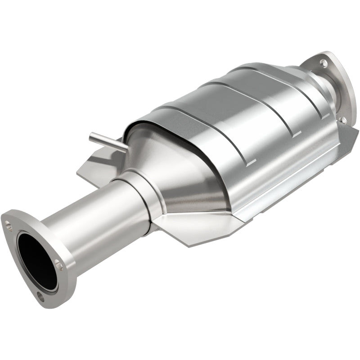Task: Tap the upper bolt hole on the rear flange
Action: (x=323, y=63)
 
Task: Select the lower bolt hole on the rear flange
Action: (x=343, y=120)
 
